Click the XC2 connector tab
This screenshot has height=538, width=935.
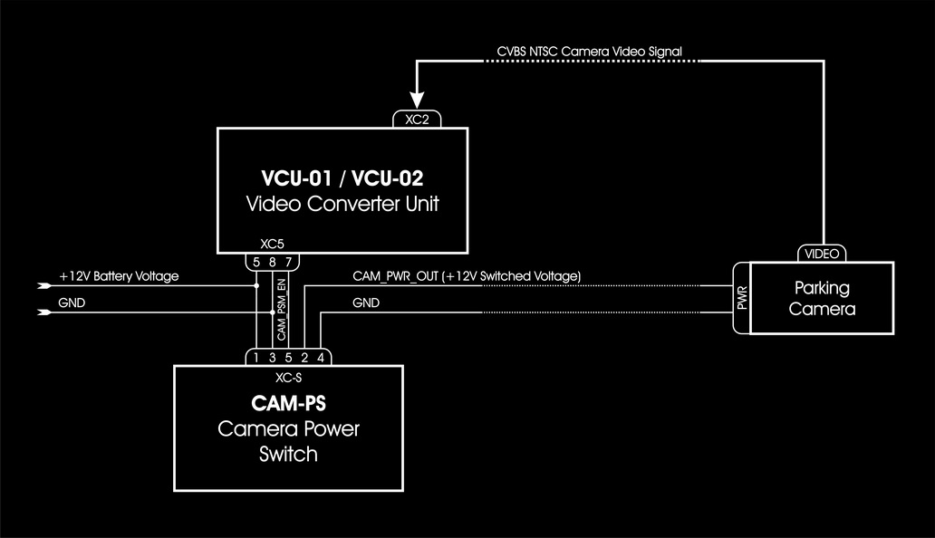click(x=418, y=119)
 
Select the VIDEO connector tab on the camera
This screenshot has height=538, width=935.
click(x=823, y=254)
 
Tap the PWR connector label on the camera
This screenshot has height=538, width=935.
click(x=742, y=300)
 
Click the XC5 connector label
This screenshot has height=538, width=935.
click(x=272, y=244)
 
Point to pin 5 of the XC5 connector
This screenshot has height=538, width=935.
click(x=257, y=262)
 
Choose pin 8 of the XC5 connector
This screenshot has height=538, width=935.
click(x=273, y=262)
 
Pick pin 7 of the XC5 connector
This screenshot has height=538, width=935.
click(x=288, y=262)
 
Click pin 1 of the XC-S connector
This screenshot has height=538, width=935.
click(x=257, y=358)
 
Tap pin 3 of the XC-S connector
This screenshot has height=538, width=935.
click(x=273, y=358)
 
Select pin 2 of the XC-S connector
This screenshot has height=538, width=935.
click(x=304, y=358)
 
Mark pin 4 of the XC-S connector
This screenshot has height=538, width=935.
click(x=320, y=358)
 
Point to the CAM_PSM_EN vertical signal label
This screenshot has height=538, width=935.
click(x=281, y=310)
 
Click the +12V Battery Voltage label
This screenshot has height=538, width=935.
click(x=119, y=275)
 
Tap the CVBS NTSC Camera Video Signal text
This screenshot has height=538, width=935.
click(x=589, y=52)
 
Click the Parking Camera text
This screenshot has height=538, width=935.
click(x=822, y=298)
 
